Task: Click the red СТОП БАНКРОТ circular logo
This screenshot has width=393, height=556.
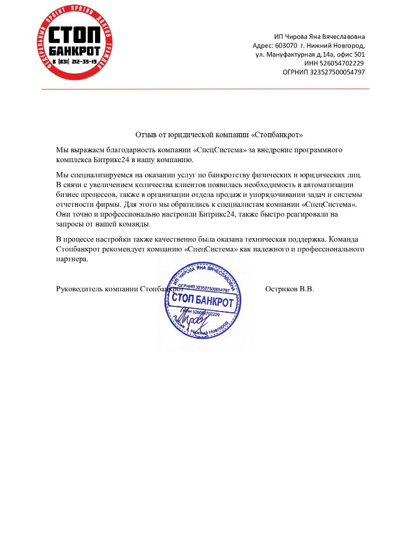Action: [74, 43]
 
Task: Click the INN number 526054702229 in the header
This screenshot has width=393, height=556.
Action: [343, 63]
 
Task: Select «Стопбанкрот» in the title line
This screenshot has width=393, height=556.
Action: [277, 134]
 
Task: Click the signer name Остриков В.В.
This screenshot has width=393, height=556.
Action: [289, 289]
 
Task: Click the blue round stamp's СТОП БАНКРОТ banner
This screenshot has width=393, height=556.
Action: [202, 302]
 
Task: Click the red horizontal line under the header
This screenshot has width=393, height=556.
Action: [205, 89]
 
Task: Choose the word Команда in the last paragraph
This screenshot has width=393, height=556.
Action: [349, 239]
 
